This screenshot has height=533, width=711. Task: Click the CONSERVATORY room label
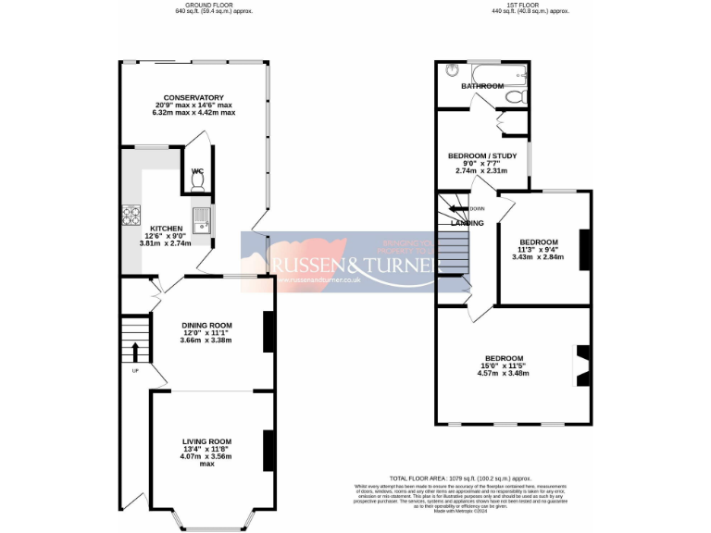[194, 97]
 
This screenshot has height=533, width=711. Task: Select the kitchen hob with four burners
[129, 215]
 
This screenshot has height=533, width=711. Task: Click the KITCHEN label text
[167, 228]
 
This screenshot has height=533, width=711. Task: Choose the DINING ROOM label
[206, 325]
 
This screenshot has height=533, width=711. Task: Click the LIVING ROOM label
[206, 441]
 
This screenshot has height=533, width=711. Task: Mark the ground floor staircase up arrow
[135, 352]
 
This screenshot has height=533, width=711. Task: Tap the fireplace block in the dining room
[268, 331]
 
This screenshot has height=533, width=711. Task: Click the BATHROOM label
[483, 86]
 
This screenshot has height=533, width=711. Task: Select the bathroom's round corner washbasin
[451, 70]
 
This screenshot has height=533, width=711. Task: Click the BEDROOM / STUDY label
[482, 155]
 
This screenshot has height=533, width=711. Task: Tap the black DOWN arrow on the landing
[463, 209]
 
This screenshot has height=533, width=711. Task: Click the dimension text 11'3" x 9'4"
[538, 249]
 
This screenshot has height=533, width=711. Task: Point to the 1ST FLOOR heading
[530, 6]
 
